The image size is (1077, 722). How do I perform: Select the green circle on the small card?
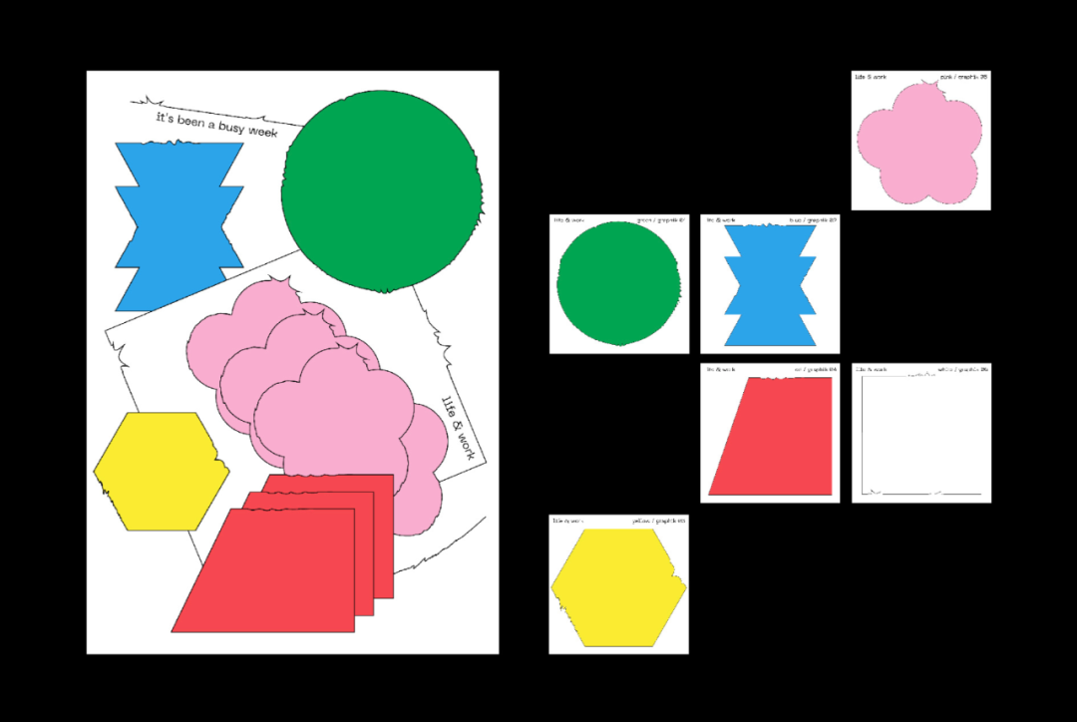618,284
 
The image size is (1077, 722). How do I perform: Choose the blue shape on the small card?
770,285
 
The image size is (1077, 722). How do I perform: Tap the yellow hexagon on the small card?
618,587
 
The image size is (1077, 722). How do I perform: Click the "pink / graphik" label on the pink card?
963,76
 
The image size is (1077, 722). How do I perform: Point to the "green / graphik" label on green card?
661,220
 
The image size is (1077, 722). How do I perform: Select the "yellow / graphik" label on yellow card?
659,521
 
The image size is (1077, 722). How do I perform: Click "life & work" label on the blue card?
721,219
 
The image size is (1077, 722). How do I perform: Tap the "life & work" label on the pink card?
872,76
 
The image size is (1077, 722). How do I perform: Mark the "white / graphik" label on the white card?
962,370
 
